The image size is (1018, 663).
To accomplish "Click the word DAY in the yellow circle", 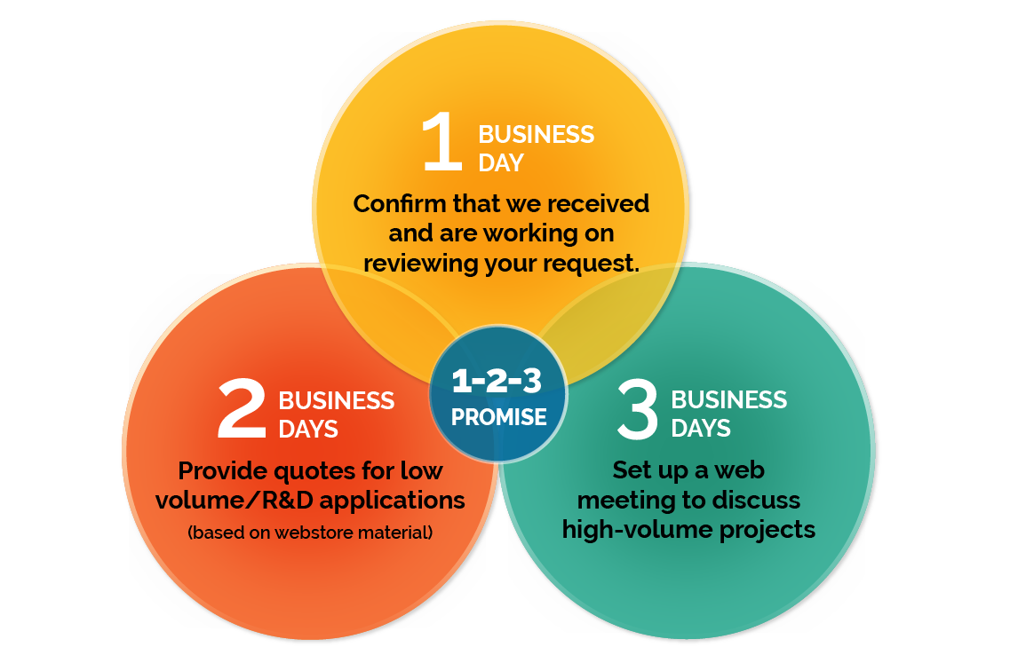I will [501, 163].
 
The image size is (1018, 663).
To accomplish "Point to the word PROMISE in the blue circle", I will [498, 417].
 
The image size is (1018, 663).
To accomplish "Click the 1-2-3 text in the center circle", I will [497, 382].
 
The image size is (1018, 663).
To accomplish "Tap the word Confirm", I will [399, 203].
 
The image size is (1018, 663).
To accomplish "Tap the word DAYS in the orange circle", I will [308, 430].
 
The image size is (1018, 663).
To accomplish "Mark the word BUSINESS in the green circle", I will [728, 400].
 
